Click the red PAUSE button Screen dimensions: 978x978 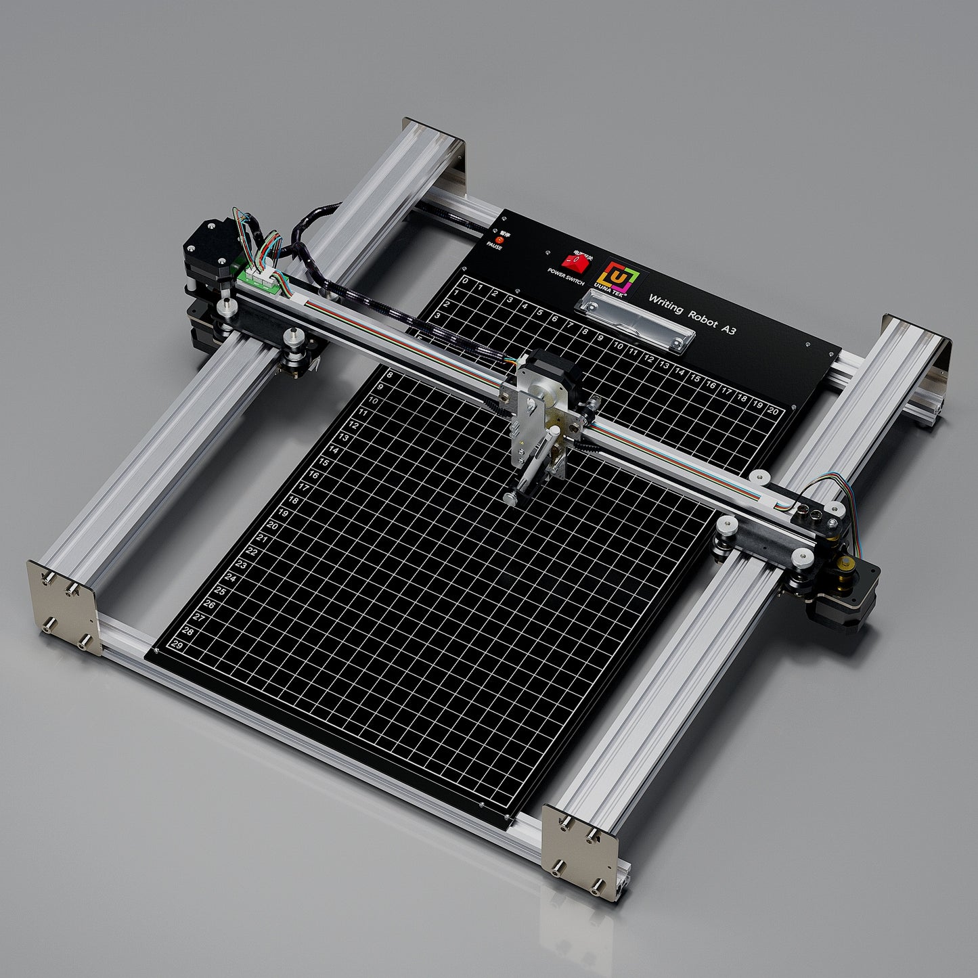[499, 239]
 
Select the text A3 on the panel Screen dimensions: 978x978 [728, 330]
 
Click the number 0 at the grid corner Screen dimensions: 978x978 [465, 280]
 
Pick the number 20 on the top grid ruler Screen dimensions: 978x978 [772, 410]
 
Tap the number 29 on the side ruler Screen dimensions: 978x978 [177, 644]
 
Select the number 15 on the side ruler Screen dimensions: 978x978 [324, 463]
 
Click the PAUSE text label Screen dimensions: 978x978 [494, 246]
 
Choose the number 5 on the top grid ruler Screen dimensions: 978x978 [539, 313]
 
